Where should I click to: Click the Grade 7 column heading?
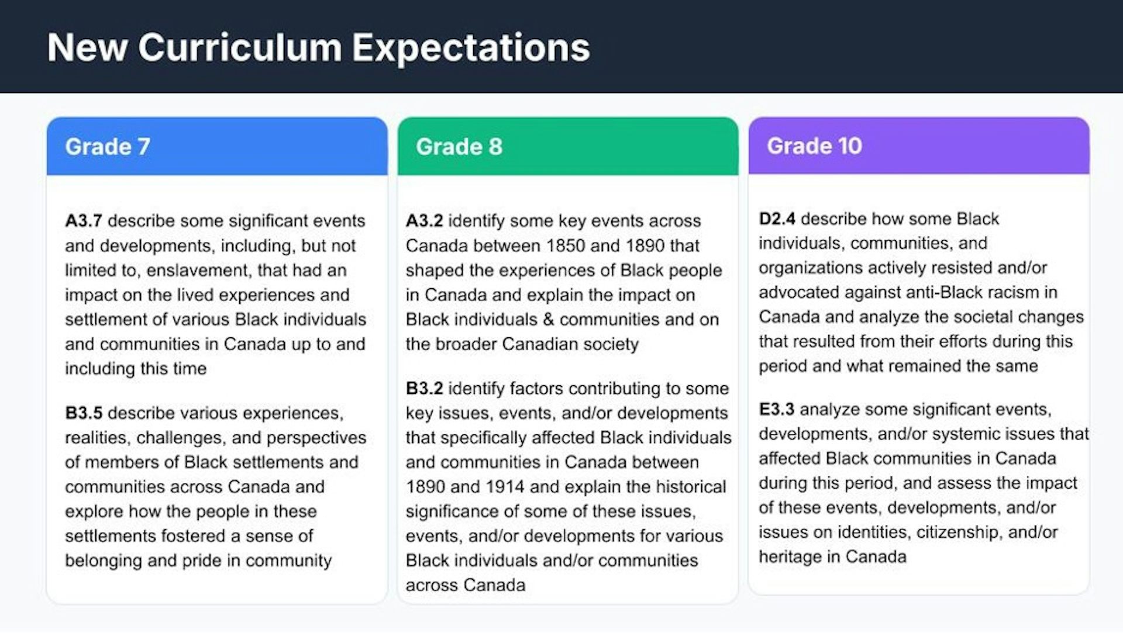108,147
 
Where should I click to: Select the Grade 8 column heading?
459,147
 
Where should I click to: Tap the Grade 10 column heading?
814,146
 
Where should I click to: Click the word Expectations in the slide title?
471,47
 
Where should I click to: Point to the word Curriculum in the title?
240,47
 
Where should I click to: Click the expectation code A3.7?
84,221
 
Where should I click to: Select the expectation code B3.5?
84,413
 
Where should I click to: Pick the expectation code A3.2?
424,221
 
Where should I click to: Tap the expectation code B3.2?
424,389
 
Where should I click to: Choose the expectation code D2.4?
777,219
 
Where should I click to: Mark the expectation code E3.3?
776,410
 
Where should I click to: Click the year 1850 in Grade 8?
566,246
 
